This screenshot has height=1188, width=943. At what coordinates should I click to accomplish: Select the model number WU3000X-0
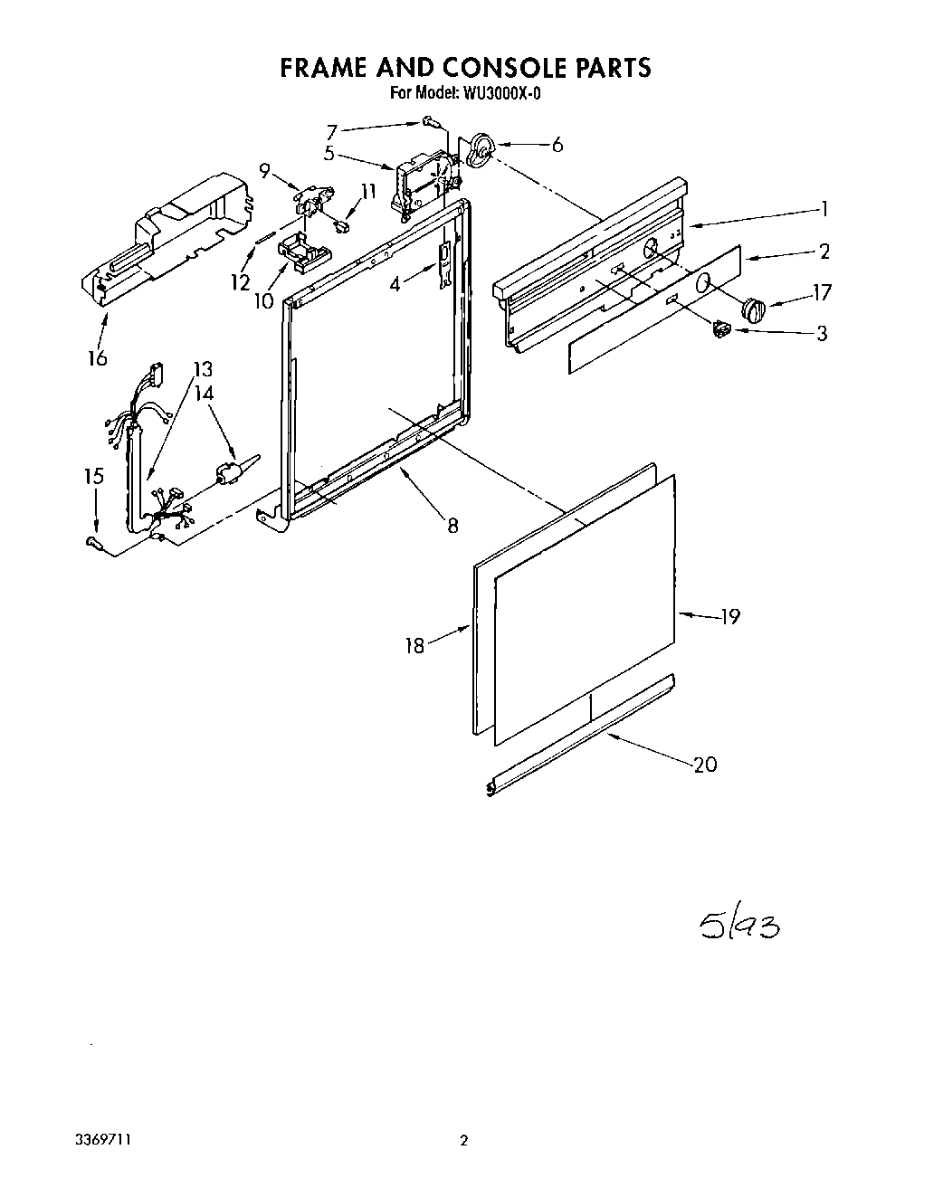[x=502, y=93]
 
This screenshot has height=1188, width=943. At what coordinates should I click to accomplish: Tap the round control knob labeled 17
[x=754, y=309]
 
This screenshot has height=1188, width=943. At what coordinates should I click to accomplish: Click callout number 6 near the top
[x=557, y=145]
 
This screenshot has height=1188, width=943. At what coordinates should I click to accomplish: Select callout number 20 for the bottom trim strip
[x=705, y=765]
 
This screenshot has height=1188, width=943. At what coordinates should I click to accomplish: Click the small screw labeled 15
[x=91, y=541]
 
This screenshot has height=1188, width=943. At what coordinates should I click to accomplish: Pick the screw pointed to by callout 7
[x=428, y=121]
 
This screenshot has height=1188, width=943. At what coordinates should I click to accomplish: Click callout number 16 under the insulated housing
[x=97, y=358]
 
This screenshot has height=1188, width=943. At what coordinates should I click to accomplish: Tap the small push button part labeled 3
[x=721, y=329]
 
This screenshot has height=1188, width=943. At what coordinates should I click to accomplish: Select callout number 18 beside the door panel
[x=414, y=646]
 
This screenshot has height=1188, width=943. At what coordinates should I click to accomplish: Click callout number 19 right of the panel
[x=729, y=617]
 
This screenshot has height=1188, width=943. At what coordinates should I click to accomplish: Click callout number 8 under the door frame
[x=452, y=524]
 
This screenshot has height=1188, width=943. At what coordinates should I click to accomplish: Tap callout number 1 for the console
[x=824, y=209]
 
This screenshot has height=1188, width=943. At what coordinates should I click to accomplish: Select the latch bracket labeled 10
[x=295, y=250]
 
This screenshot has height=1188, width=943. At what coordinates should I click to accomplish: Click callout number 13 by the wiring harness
[x=203, y=369]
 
